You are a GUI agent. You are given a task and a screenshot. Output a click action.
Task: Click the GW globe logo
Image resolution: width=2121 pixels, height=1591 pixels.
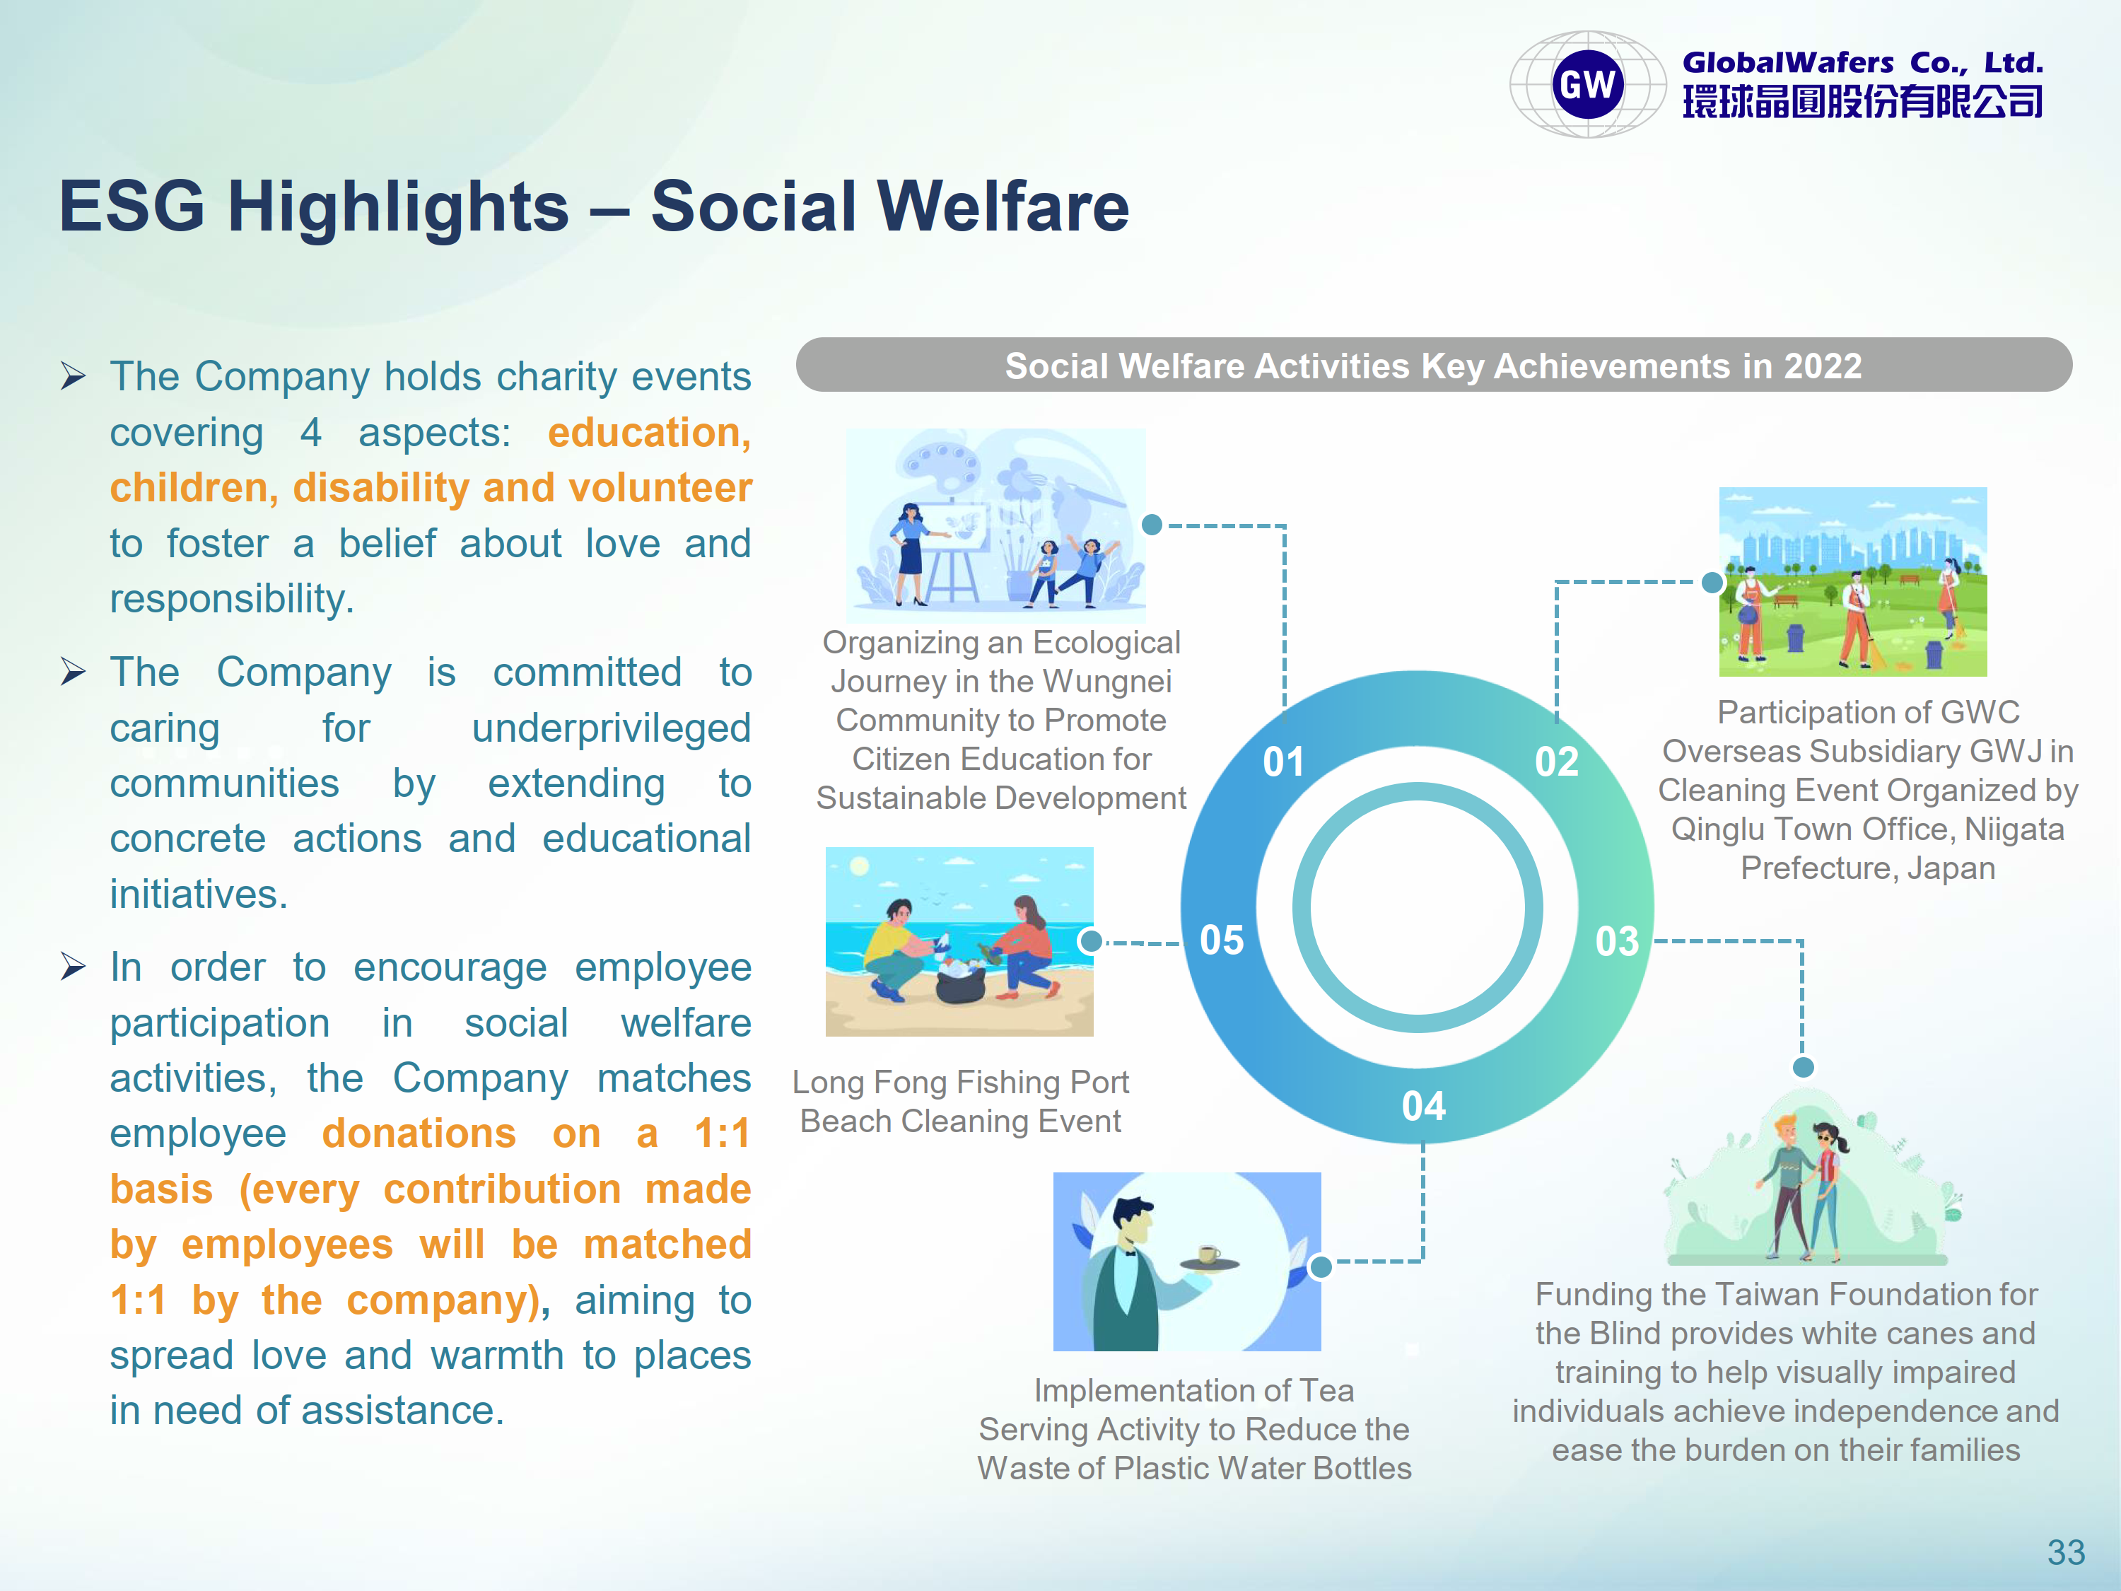pyautogui.click(x=1587, y=84)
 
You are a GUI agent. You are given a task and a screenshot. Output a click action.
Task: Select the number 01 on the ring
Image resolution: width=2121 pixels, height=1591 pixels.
pyautogui.click(x=1283, y=762)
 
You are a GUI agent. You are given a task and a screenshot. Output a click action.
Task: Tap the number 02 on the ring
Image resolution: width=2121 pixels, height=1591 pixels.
pyautogui.click(x=1556, y=762)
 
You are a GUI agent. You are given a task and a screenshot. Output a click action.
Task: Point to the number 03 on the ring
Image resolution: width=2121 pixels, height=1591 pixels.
pyautogui.click(x=1617, y=940)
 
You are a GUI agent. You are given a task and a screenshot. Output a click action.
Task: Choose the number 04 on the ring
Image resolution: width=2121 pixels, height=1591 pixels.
pyautogui.click(x=1423, y=1106)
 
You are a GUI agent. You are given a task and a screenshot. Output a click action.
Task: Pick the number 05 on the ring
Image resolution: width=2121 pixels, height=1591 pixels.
pyautogui.click(x=1222, y=940)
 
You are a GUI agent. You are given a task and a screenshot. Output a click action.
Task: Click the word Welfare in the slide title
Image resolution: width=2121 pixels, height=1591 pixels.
pyautogui.click(x=1003, y=206)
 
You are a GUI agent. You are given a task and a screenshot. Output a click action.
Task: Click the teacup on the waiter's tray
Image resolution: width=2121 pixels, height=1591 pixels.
pyautogui.click(x=1209, y=1254)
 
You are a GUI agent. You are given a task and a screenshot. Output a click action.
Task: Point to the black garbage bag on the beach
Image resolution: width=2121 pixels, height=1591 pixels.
pyautogui.click(x=961, y=983)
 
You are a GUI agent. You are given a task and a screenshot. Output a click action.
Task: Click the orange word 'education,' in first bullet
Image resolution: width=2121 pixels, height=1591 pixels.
pyautogui.click(x=649, y=433)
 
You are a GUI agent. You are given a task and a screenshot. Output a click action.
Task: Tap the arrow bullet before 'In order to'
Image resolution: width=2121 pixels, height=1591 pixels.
pyautogui.click(x=73, y=966)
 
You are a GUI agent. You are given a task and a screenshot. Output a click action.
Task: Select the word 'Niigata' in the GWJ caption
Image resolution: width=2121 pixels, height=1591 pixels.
pyautogui.click(x=2014, y=829)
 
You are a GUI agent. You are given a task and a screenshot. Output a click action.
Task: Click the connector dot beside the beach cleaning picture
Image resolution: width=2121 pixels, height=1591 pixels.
pyautogui.click(x=1090, y=940)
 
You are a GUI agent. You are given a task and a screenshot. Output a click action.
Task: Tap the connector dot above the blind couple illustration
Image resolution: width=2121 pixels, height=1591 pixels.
pyautogui.click(x=1804, y=1067)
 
